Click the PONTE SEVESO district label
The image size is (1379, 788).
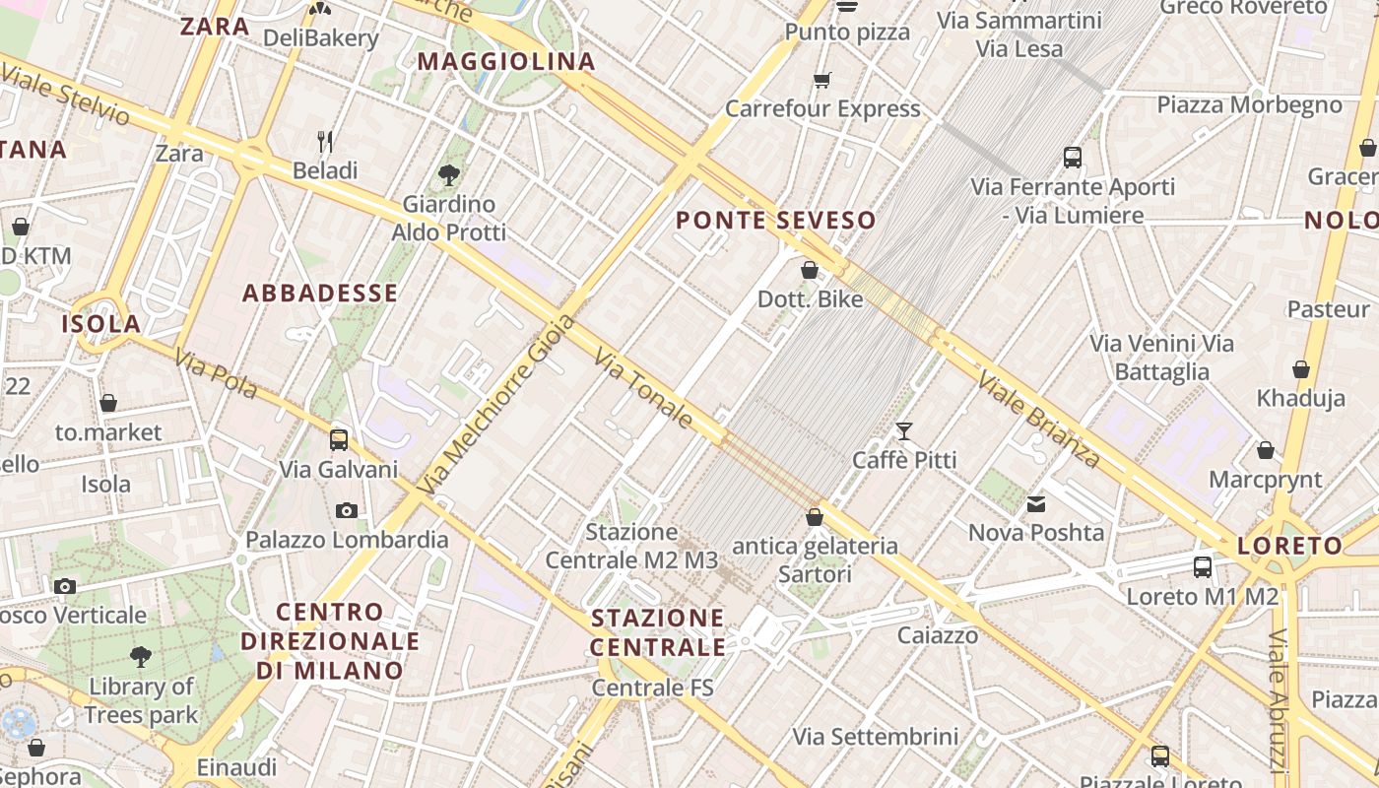pyautogui.click(x=776, y=221)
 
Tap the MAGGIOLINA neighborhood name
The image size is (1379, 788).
pyautogui.click(x=507, y=62)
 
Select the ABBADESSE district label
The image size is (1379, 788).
pyautogui.click(x=320, y=294)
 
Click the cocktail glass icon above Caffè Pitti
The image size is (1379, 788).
pyautogui.click(x=903, y=430)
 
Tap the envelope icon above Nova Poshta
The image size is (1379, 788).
pyautogui.click(x=1036, y=504)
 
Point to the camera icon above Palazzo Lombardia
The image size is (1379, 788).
pyautogui.click(x=346, y=510)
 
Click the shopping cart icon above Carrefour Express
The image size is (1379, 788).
pyautogui.click(x=822, y=80)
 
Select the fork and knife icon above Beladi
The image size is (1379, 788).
pyautogui.click(x=325, y=142)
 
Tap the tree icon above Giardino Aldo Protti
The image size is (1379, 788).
pyautogui.click(x=449, y=175)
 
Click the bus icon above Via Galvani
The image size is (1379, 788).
pyautogui.click(x=339, y=439)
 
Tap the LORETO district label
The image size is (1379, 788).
pyautogui.click(x=1289, y=546)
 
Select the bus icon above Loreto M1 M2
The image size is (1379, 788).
pyautogui.click(x=1203, y=566)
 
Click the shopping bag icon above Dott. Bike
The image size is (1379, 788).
pyautogui.click(x=810, y=270)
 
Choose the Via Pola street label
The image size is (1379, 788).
pyautogui.click(x=216, y=374)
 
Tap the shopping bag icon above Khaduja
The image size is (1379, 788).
pyautogui.click(x=1301, y=369)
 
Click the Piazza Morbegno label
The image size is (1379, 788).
pyautogui.click(x=1249, y=105)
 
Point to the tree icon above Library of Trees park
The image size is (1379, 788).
pyautogui.click(x=141, y=656)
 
